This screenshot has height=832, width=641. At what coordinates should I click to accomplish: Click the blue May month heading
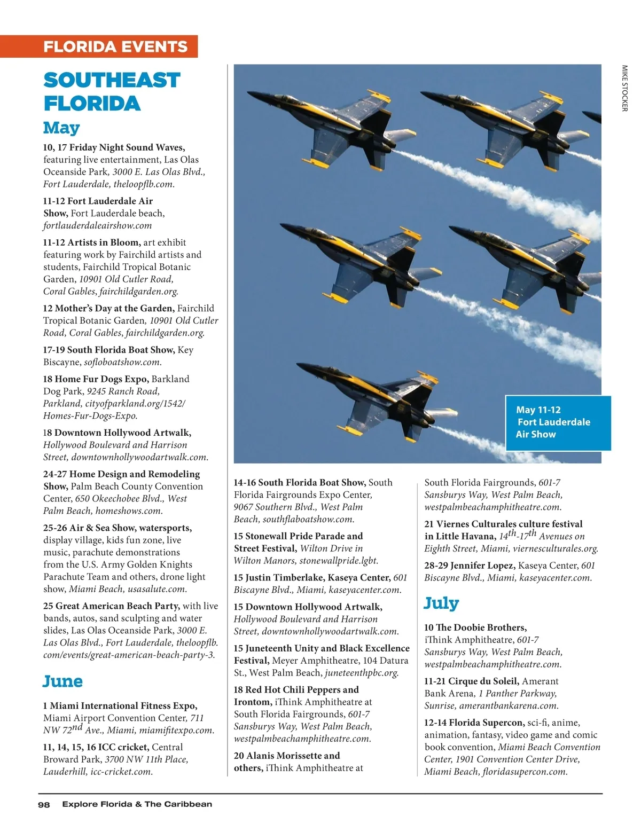pos(61,128)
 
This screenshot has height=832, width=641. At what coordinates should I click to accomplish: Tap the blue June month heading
pos(63,681)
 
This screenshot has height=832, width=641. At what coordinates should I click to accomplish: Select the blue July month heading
pos(441,603)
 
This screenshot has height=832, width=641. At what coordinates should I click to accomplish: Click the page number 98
pos(44,804)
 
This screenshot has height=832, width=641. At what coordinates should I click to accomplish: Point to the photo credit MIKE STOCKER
pos(624,88)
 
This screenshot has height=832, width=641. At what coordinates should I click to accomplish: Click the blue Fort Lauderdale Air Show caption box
pos(557,422)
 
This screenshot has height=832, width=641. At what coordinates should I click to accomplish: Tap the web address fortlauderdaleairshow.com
pos(98,225)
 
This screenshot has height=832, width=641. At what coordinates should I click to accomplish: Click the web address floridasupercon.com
pos(525,771)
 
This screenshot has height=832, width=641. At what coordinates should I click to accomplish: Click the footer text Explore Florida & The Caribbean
pos(137,804)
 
